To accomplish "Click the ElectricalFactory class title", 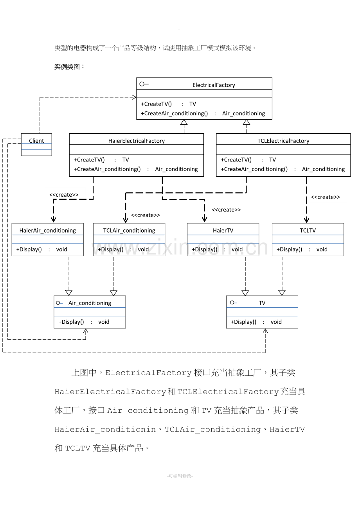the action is (214, 85).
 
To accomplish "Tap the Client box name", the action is (36, 141).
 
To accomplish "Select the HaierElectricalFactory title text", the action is (137, 141).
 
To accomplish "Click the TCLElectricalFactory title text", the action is (283, 141).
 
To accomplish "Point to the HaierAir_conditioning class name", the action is (47, 230).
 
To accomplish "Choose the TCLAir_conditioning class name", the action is (129, 230).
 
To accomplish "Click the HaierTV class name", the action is (223, 230).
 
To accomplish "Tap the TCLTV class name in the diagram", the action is (308, 230).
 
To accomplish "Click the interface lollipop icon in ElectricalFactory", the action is (144, 84).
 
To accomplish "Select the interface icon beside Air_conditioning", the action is (59, 303).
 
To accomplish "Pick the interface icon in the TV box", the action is (234, 303).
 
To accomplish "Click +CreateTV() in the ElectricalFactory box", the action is (156, 104).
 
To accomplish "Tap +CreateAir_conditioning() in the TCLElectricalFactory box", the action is (254, 169).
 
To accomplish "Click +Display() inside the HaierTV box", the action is (205, 249).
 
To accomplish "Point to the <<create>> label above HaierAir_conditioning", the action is (64, 195).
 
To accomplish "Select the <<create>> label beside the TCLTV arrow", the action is (326, 197).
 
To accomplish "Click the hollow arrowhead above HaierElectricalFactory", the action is (184, 122).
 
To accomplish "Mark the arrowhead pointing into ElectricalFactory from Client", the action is (134, 97).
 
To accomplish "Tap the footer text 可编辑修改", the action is (180, 476).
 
